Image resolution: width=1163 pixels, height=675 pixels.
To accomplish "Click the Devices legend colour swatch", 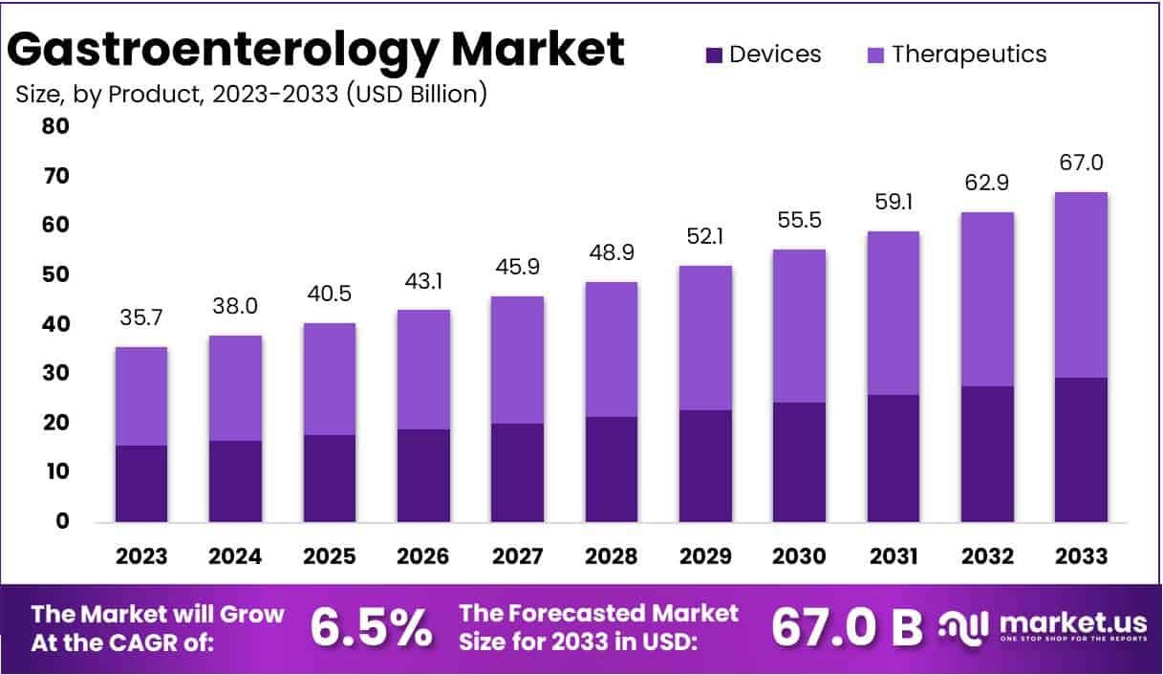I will click(715, 55).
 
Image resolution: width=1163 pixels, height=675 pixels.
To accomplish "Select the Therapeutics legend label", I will click(969, 54).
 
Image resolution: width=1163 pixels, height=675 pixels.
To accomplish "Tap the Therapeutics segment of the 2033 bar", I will click(1081, 285).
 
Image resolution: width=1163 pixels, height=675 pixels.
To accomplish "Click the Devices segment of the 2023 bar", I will click(141, 483).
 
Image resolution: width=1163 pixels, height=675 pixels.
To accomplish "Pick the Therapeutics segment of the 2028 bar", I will click(611, 349).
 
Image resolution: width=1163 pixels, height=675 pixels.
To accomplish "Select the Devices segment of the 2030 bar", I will click(799, 462).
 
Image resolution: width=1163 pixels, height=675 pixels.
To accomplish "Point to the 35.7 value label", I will click(141, 319).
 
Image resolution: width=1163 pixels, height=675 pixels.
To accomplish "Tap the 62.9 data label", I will click(987, 184).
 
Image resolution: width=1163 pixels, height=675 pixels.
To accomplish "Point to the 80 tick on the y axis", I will click(56, 126).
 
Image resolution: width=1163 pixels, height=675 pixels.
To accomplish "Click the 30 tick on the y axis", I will click(56, 374).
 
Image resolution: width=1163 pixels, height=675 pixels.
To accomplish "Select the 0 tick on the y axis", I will click(62, 522).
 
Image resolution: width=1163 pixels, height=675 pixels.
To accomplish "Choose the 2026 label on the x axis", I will click(422, 556).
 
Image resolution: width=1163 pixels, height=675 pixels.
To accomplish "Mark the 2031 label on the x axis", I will click(893, 556).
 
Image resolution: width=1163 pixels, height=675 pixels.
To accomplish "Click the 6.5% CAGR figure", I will click(371, 627).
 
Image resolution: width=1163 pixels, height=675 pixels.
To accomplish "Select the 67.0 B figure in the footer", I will click(847, 627).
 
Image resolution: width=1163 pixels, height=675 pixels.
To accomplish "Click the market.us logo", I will click(1042, 627).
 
